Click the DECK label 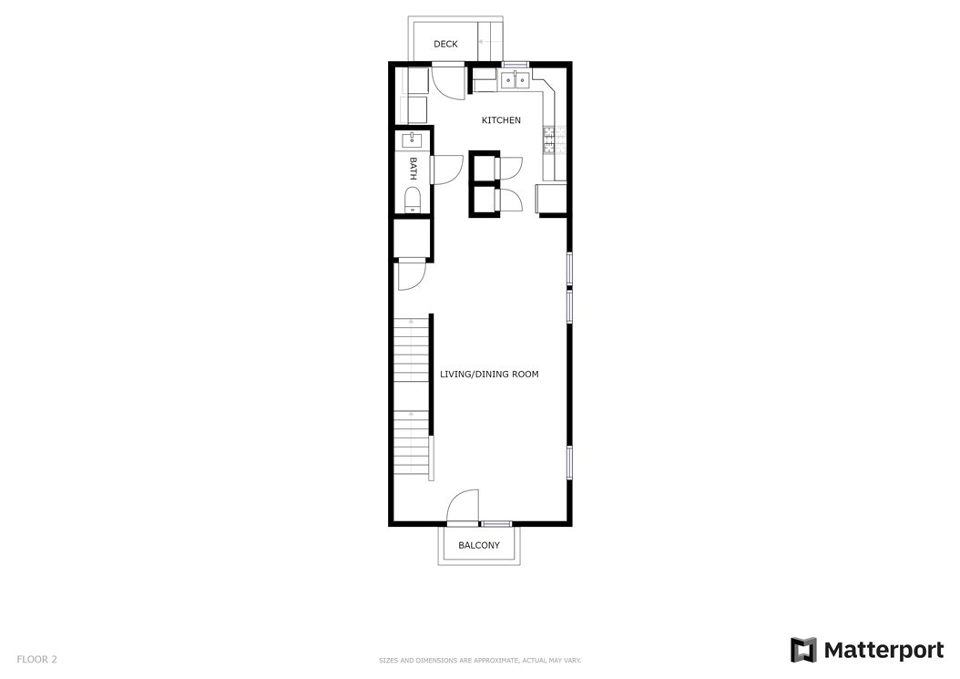(x=445, y=44)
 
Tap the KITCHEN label (x=501, y=120)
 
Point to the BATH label (x=414, y=169)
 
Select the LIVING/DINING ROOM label (x=489, y=374)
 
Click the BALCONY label (x=479, y=545)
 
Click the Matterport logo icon (x=803, y=650)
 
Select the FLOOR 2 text (x=36, y=659)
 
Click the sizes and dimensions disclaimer (x=480, y=661)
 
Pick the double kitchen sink (x=515, y=80)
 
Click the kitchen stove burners (x=548, y=139)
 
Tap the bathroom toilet (x=413, y=201)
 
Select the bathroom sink (x=412, y=140)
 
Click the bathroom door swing (x=447, y=170)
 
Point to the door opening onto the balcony (x=463, y=508)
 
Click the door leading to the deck (x=450, y=81)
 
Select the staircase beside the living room (x=411, y=398)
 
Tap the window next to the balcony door (x=495, y=524)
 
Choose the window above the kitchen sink (x=515, y=65)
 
